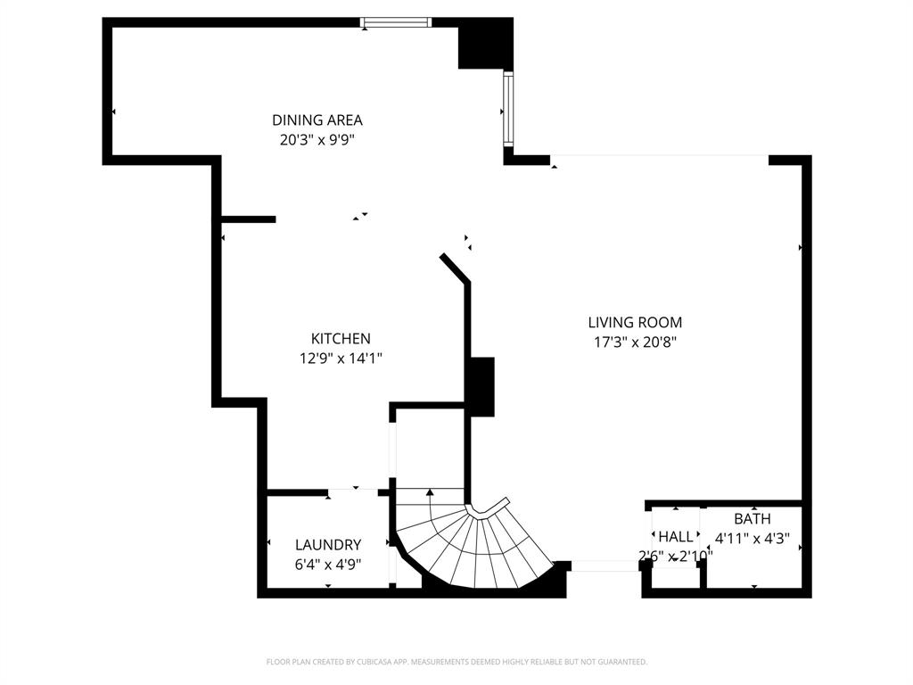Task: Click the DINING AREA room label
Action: click(317, 120)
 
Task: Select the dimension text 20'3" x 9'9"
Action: click(317, 139)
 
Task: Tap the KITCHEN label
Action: click(340, 339)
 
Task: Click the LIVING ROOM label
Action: click(635, 322)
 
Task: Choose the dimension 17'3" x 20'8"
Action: click(635, 342)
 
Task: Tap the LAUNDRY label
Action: click(327, 545)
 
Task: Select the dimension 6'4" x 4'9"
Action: click(327, 564)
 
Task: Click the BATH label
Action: click(753, 519)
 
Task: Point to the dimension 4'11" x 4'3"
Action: click(753, 539)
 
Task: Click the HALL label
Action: click(675, 537)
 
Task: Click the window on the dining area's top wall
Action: click(396, 22)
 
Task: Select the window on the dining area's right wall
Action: click(507, 110)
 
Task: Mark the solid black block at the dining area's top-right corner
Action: click(485, 44)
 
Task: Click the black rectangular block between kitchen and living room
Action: click(481, 386)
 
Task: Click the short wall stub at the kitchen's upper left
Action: click(248, 219)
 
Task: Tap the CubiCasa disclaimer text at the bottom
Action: click(456, 662)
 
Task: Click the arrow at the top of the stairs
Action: click(431, 491)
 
